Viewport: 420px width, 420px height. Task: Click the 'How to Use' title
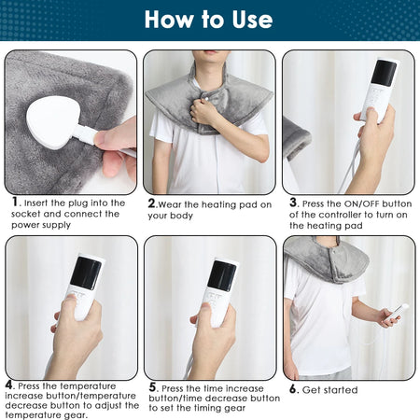pyautogui.click(x=209, y=20)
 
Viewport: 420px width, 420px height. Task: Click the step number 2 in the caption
pyautogui.click(x=152, y=202)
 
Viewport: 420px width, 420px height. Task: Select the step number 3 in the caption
pyautogui.click(x=293, y=202)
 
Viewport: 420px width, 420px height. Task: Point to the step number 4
pyautogui.click(x=9, y=384)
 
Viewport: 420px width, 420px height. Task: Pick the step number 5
pyautogui.click(x=152, y=387)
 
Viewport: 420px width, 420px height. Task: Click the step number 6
pyautogui.click(x=293, y=389)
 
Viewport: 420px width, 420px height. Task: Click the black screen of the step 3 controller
pyautogui.click(x=383, y=73)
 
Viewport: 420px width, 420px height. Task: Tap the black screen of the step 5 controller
pyautogui.click(x=221, y=274)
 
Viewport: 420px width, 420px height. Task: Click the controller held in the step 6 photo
pyautogui.click(x=397, y=312)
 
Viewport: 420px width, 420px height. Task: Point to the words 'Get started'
pyautogui.click(x=330, y=389)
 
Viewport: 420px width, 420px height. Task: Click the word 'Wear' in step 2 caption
pyautogui.click(x=175, y=203)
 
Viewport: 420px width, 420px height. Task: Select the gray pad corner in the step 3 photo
pyautogui.click(x=296, y=138)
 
